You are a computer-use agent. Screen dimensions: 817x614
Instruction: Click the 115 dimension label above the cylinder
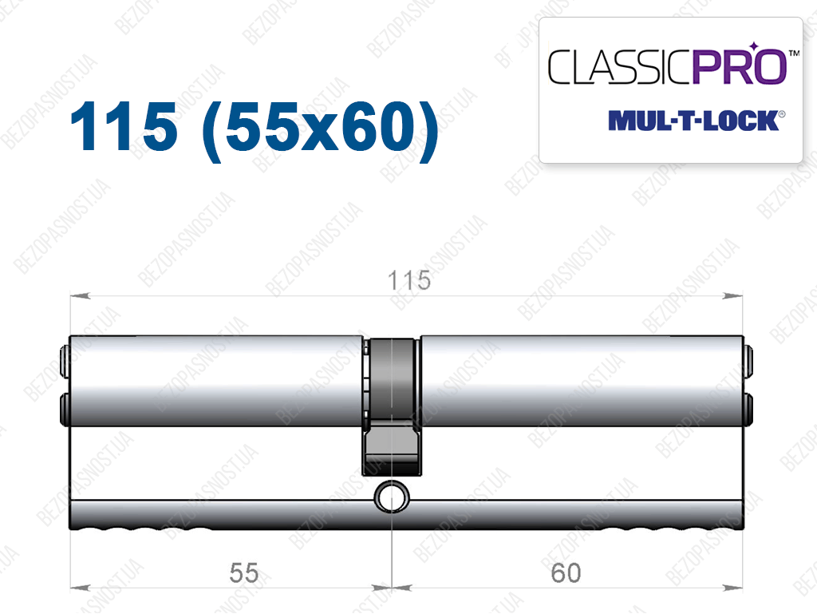[409, 280]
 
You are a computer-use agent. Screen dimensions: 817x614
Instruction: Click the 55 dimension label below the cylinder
[244, 572]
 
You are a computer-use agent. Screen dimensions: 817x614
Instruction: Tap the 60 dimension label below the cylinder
[566, 572]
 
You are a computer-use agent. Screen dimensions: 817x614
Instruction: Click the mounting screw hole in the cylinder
[392, 497]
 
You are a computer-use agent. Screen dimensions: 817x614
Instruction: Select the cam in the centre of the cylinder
[391, 407]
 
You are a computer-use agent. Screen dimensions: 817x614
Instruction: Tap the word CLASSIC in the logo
[620, 67]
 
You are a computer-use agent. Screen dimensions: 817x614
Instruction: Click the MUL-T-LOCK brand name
[693, 121]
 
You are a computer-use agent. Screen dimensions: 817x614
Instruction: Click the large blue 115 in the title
[124, 127]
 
